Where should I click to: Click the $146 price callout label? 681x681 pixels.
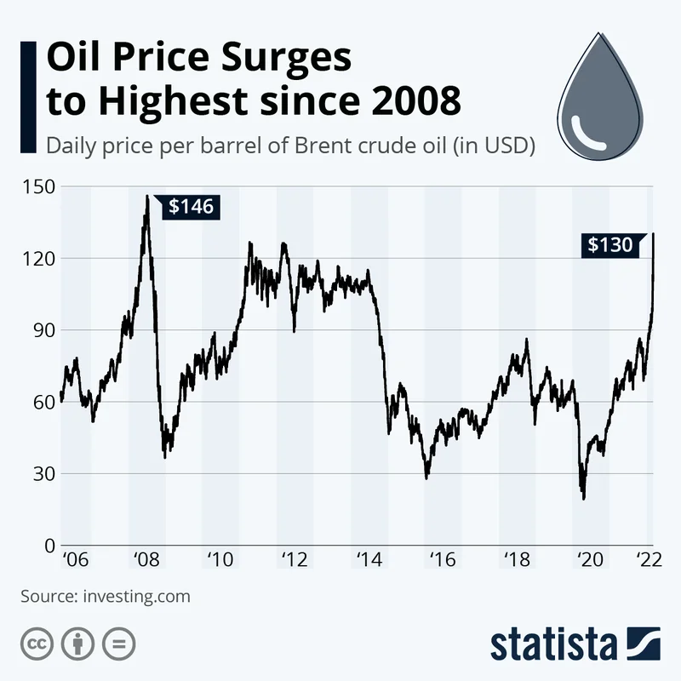[191, 206]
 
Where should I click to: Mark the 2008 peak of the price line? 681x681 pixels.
[146, 197]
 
